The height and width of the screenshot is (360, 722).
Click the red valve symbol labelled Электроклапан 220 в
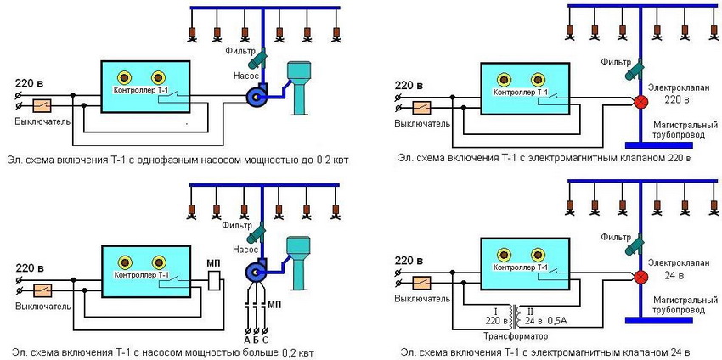pos(642,102)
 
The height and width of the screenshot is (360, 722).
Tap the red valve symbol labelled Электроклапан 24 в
pos(642,276)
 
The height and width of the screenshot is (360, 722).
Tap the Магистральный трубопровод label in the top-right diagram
pos(674,128)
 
